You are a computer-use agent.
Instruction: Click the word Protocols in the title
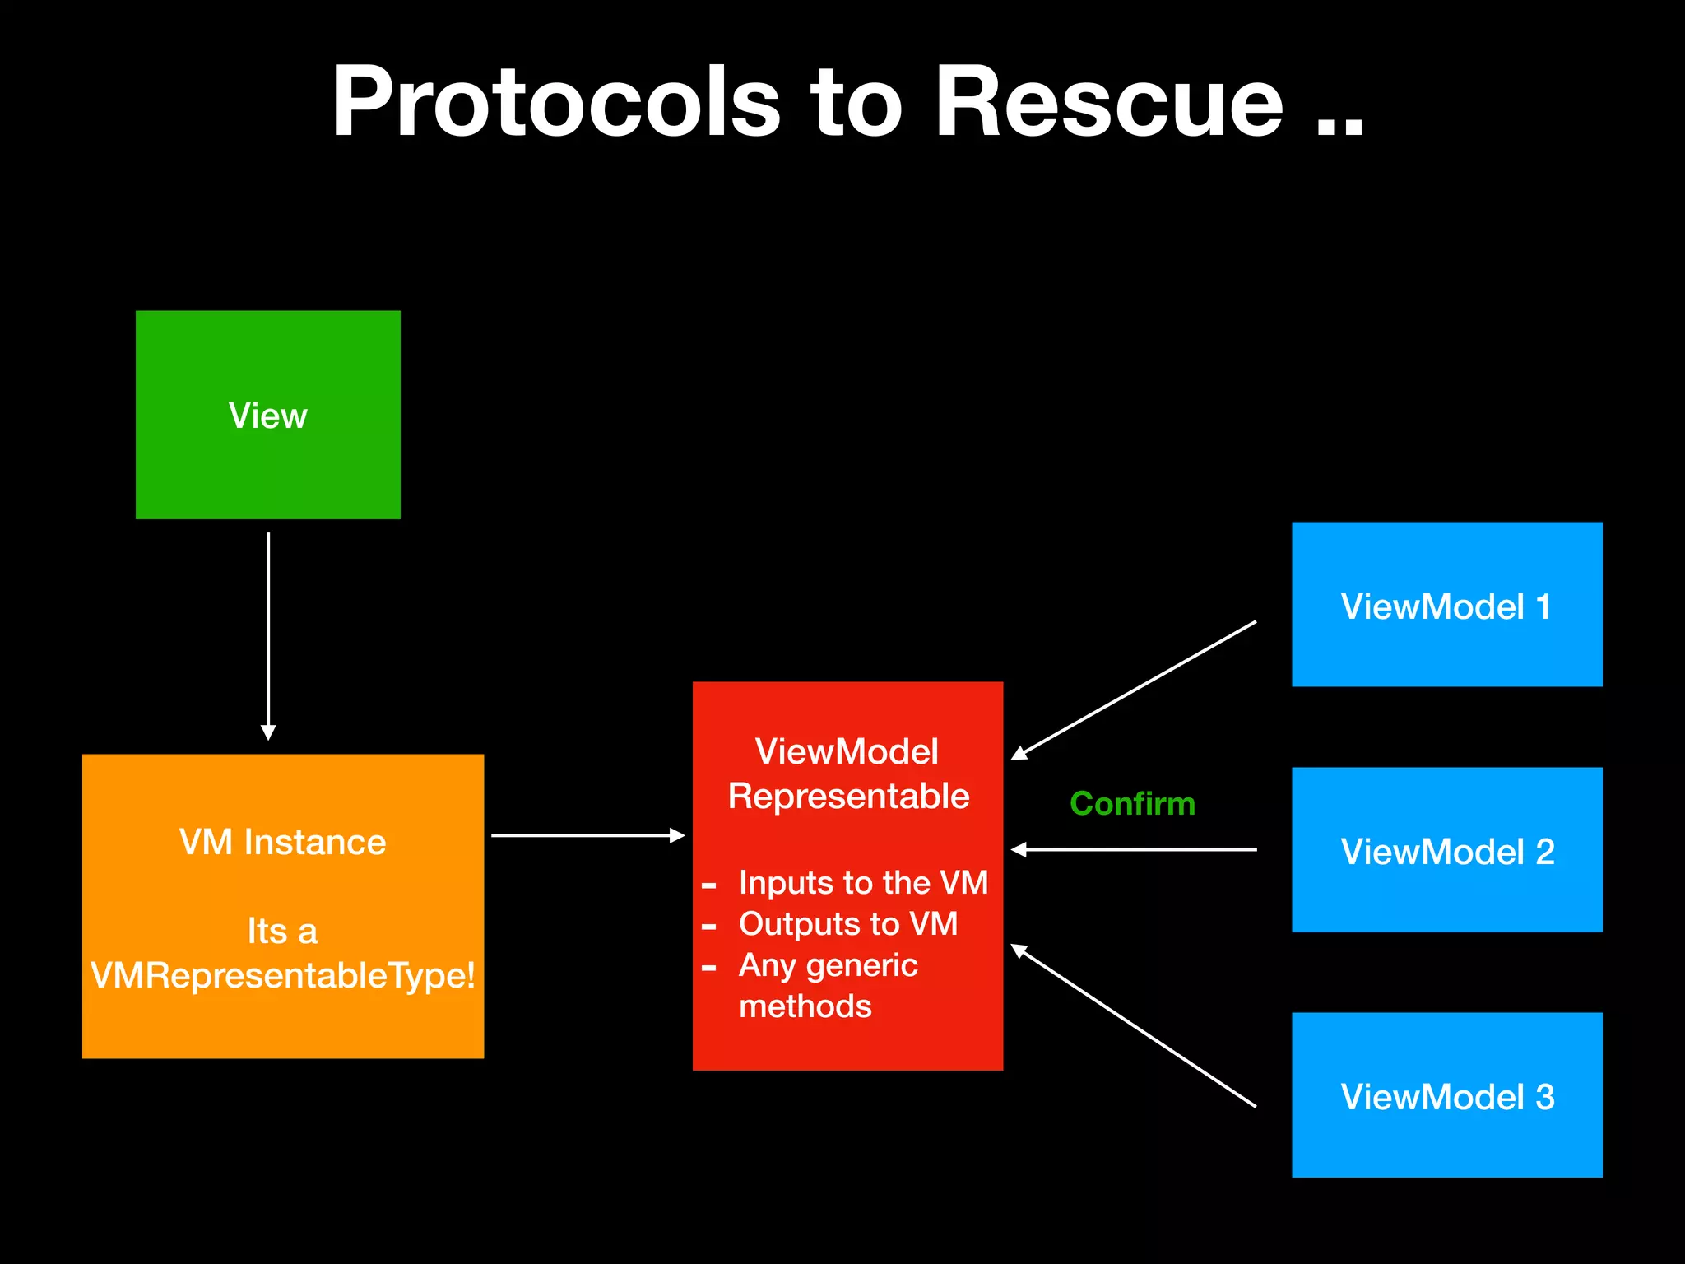click(555, 103)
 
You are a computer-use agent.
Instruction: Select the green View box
click(267, 415)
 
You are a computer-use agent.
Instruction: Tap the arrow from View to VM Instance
click(268, 634)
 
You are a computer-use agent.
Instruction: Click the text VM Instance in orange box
click(282, 842)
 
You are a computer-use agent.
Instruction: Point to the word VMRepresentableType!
click(282, 976)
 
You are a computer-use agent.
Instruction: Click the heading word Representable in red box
click(848, 797)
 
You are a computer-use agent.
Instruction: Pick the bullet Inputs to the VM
click(862, 882)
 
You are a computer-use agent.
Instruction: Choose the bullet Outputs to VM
click(847, 923)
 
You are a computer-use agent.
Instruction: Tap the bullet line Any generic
click(828, 964)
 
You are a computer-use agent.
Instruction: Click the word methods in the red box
click(805, 1006)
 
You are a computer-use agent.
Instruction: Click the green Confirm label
click(1132, 803)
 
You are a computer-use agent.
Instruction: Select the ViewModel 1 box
click(1446, 605)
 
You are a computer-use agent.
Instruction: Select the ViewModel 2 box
click(1446, 850)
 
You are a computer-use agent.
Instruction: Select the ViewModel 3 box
click(1446, 1095)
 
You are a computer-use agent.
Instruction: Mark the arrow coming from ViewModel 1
click(1134, 690)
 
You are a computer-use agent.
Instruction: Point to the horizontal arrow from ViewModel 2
click(1134, 849)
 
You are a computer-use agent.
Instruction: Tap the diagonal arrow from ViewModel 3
click(1134, 1025)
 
